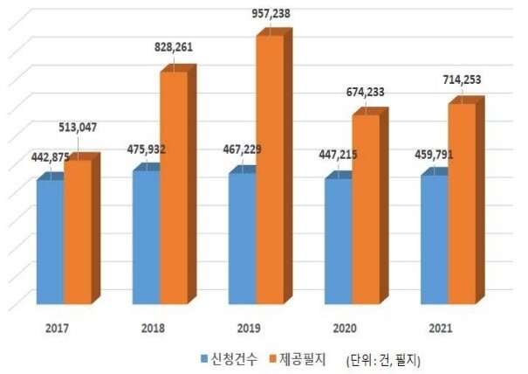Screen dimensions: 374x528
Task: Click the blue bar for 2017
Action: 50,242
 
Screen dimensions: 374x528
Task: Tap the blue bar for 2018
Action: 146,238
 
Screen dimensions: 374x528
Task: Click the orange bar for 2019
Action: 270,170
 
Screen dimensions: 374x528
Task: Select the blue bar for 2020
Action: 338,242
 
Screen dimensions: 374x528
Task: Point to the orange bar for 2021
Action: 462,204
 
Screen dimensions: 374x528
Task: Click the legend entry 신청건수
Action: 230,358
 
